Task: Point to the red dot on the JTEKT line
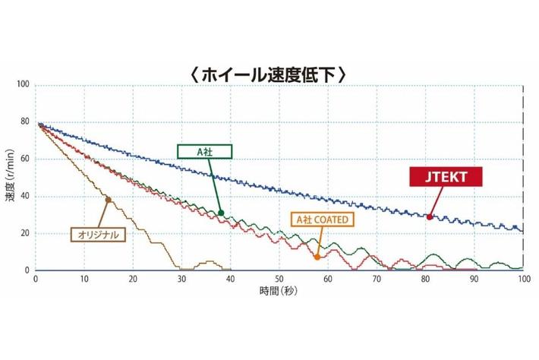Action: [430, 217]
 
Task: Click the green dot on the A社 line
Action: [221, 213]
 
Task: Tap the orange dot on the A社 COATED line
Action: [317, 257]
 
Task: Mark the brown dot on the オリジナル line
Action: [108, 200]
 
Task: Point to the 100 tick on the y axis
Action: [22, 85]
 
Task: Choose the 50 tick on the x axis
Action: [279, 279]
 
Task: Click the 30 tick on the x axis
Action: [181, 279]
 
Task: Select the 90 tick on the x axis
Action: [474, 279]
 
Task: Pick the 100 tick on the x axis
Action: [522, 279]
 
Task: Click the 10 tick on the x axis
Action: [84, 279]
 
